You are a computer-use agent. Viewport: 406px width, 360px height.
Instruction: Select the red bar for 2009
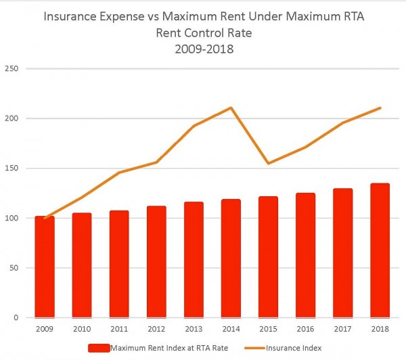(45, 267)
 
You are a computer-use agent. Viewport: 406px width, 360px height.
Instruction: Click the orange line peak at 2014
(231, 108)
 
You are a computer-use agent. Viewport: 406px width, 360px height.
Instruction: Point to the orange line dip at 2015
(268, 163)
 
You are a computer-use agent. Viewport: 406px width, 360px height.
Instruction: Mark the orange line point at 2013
(194, 126)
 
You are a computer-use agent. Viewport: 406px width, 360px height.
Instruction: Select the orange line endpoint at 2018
(380, 108)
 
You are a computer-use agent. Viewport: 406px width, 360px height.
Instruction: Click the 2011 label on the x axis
(119, 330)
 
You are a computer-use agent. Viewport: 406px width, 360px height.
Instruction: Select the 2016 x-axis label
(305, 330)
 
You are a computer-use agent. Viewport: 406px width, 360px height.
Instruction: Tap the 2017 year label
(342, 330)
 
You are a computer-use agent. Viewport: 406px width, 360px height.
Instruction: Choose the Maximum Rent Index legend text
(170, 348)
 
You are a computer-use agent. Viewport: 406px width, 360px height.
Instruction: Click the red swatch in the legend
(99, 348)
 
